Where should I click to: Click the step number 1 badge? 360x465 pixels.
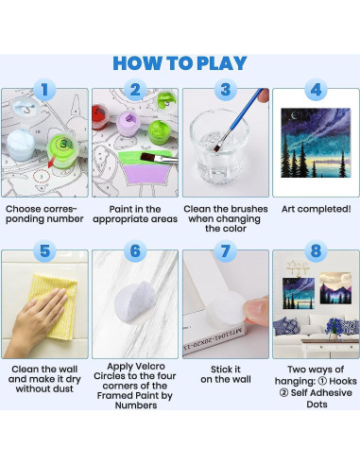pos(44,90)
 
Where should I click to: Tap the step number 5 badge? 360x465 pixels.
pos(44,251)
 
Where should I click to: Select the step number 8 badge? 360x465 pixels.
pos(316,251)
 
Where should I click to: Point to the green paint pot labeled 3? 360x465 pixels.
pos(63,150)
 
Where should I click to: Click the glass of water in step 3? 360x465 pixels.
pos(219,145)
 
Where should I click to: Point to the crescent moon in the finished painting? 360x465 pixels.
pos(294,117)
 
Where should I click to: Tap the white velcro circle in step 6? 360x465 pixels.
pos(135,301)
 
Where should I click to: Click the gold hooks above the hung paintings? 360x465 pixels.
pos(298,267)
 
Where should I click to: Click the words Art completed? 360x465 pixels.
pos(316,209)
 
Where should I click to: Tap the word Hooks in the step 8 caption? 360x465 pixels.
pos(343,381)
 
